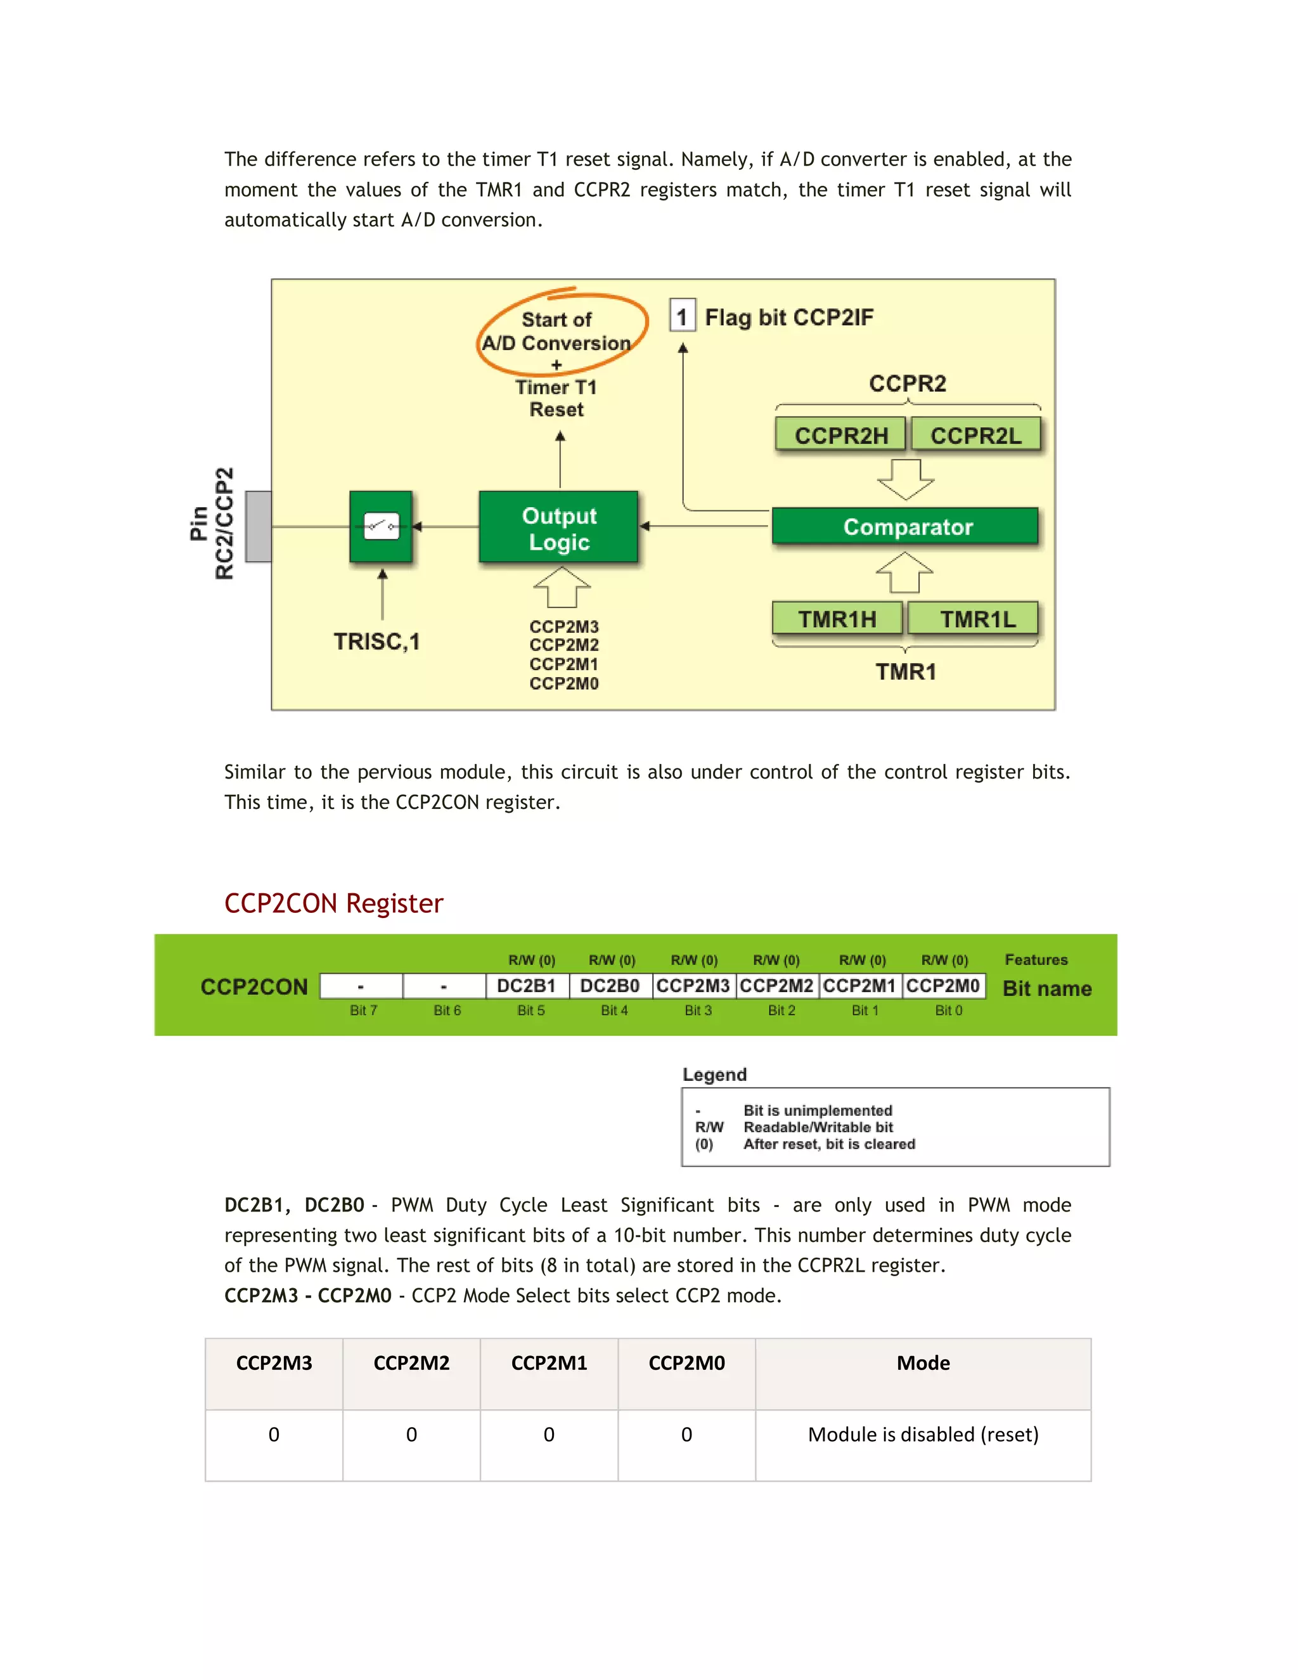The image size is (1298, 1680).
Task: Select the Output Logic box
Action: coord(558,527)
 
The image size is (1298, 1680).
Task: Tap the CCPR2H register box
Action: coord(840,436)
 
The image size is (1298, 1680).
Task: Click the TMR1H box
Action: coord(837,619)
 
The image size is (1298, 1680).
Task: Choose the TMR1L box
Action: coord(973,619)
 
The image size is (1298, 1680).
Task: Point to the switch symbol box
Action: coord(382,527)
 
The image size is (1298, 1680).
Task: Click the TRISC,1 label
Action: coord(377,642)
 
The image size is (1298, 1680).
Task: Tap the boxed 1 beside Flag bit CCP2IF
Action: coord(682,316)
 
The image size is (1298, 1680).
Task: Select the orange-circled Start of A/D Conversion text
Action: coord(556,332)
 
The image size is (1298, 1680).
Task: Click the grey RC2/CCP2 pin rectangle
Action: coord(259,527)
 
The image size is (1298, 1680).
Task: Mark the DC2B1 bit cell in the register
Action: coord(527,986)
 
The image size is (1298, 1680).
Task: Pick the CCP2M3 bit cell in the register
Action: coord(693,986)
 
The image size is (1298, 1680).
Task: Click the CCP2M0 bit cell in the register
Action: coord(944,986)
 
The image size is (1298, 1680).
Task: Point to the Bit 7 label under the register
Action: coord(363,1011)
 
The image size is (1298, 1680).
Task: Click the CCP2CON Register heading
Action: coord(334,903)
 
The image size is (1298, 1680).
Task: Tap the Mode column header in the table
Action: coord(923,1363)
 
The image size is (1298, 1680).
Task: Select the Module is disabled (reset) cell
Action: coord(923,1435)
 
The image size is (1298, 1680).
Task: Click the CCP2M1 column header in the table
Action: coord(549,1363)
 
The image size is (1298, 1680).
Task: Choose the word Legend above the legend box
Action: coord(714,1075)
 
